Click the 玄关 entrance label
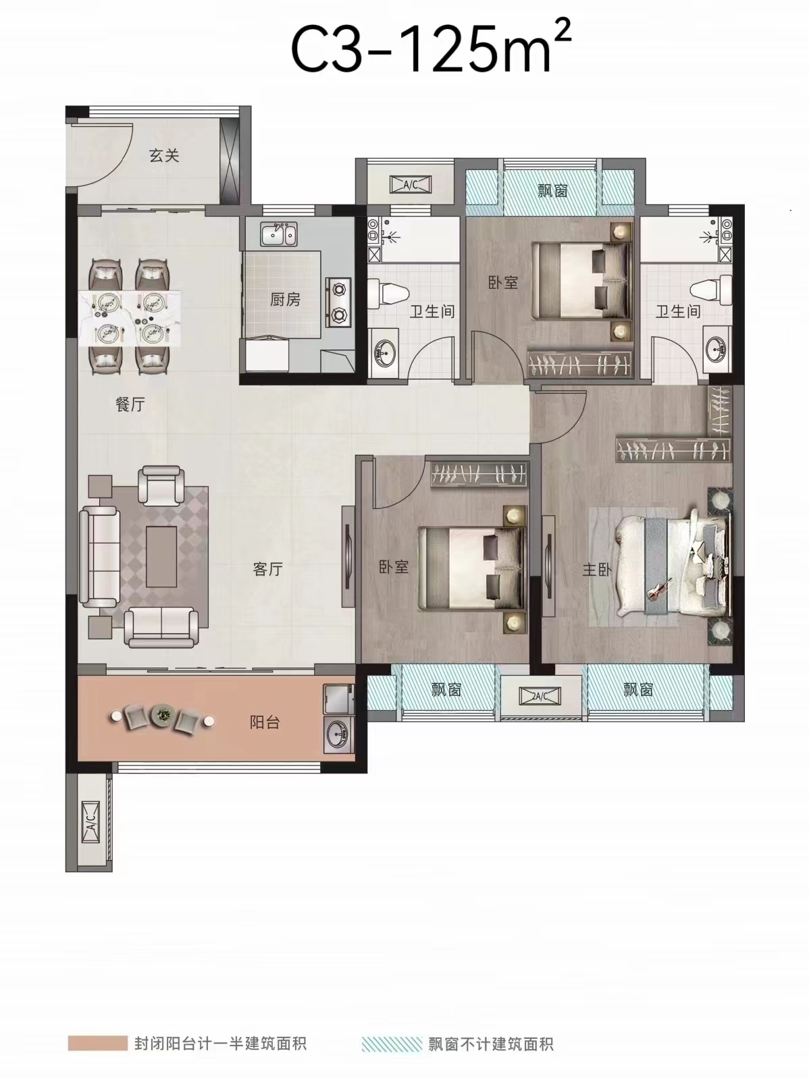[x=164, y=156]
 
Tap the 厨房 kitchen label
[x=285, y=299]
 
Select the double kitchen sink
[x=278, y=234]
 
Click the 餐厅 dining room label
[x=130, y=404]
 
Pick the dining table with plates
[x=130, y=318]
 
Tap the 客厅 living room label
[x=267, y=569]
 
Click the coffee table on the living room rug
[x=161, y=556]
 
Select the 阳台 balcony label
[x=265, y=722]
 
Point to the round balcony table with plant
[x=161, y=715]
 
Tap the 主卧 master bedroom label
[x=597, y=569]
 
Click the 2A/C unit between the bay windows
[x=540, y=695]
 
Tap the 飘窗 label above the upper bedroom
[x=552, y=190]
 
